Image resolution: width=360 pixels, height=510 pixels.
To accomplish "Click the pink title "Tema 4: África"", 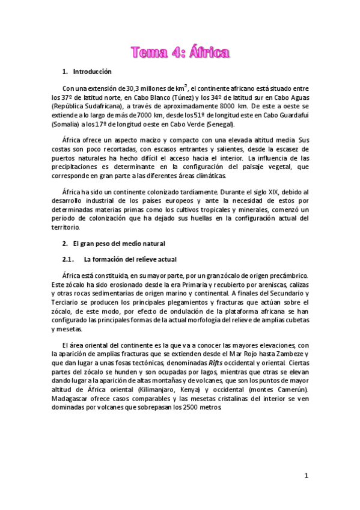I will (x=180, y=53).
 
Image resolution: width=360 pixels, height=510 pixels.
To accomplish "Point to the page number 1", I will (x=306, y=476).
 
